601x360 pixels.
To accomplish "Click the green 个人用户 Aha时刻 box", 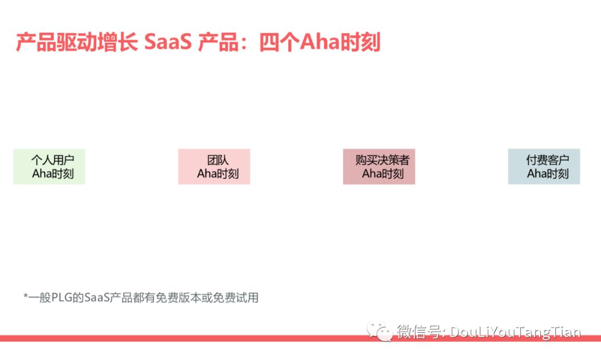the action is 49,167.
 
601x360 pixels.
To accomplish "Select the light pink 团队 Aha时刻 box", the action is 214,167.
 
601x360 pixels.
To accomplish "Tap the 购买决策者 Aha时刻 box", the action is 379,167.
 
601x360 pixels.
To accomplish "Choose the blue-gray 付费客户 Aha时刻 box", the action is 544,167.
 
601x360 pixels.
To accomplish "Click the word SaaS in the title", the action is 168,42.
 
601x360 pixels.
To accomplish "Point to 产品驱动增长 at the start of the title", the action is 77,42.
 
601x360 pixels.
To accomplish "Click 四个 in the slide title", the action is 279,42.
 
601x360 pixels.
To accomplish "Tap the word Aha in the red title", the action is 319,42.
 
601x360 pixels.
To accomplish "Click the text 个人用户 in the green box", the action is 52,160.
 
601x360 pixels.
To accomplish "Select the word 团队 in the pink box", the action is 218,160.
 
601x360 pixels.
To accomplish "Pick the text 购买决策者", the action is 382,160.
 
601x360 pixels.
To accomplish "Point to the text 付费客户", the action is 548,160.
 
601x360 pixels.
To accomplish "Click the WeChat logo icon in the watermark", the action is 380,331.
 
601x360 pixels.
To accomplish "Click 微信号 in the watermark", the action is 418,331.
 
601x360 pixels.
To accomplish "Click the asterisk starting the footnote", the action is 26,296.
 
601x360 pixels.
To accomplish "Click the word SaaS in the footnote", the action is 97,298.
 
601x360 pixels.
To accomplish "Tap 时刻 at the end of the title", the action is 360,42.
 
